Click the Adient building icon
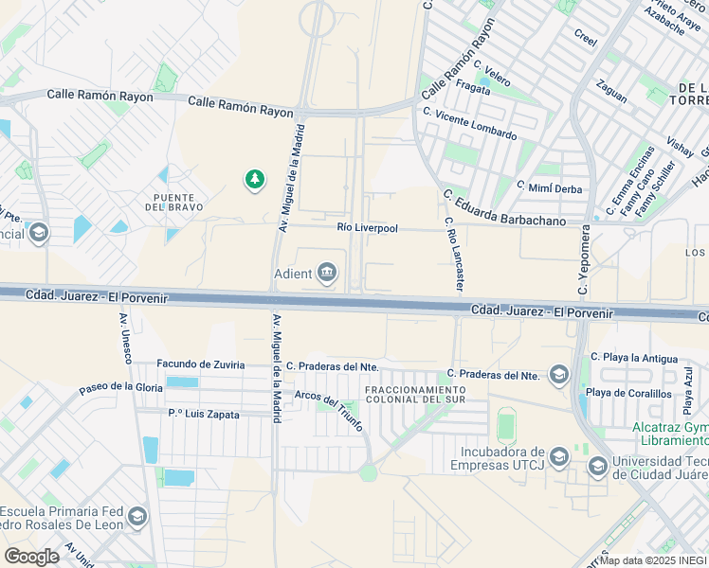[328, 274]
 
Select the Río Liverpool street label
[368, 228]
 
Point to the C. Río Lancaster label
[454, 254]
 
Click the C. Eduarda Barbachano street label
[504, 208]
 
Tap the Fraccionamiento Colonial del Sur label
[415, 395]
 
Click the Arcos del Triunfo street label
[329, 411]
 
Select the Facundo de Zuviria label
[200, 364]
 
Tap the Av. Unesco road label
[124, 337]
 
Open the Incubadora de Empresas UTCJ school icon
[559, 457]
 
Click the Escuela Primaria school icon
[137, 516]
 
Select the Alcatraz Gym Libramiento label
[670, 435]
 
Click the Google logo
[32, 557]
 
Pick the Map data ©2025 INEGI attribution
[651, 559]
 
